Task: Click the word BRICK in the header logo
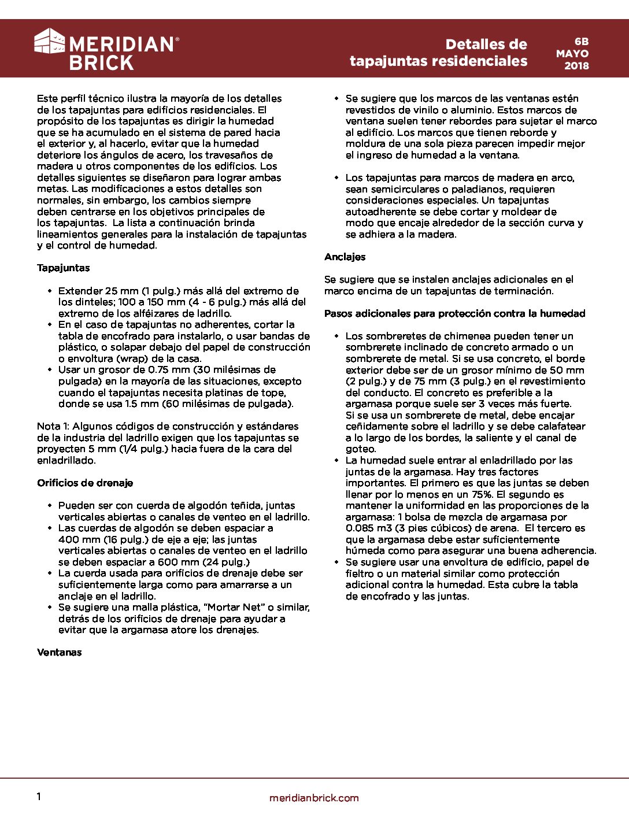click(x=101, y=62)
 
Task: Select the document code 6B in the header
click(x=581, y=42)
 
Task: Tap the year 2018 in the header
click(x=576, y=66)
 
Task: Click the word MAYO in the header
click(x=572, y=54)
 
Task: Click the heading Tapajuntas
click(x=64, y=268)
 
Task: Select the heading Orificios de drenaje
click(x=85, y=483)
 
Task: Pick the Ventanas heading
click(x=60, y=652)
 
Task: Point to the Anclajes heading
click(x=345, y=257)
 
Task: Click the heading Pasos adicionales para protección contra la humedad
click(x=454, y=313)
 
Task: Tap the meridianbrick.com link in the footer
click(x=314, y=798)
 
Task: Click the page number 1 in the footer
click(x=39, y=797)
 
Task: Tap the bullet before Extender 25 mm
click(x=50, y=291)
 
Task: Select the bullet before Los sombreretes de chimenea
click(x=336, y=336)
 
